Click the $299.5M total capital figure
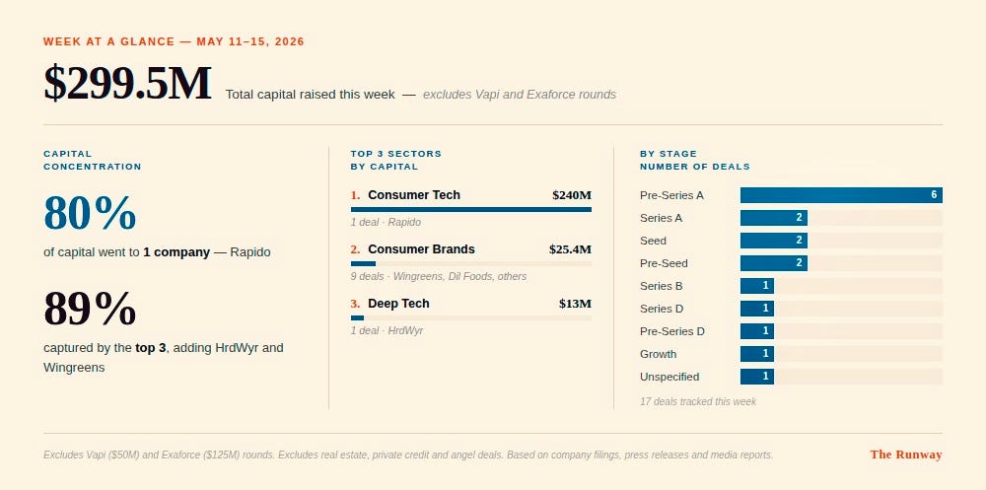[127, 83]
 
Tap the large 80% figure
[90, 213]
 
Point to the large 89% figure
[90, 309]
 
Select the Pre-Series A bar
[841, 195]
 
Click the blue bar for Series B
[757, 286]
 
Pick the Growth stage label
[659, 354]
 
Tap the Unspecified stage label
[669, 377]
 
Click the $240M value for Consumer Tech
[572, 195]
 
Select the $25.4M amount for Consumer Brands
[570, 249]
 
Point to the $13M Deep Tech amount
[575, 304]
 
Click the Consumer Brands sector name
[421, 249]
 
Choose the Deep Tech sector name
[398, 304]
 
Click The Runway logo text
[906, 455]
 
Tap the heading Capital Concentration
[93, 160]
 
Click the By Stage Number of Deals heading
[695, 160]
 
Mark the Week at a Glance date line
[174, 41]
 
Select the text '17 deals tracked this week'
[698, 401]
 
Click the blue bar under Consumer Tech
[471, 209]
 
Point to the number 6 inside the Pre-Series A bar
[934, 195]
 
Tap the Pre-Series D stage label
[672, 331]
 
